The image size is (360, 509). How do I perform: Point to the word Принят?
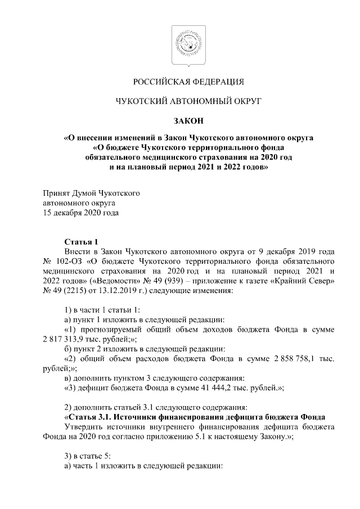57,193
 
